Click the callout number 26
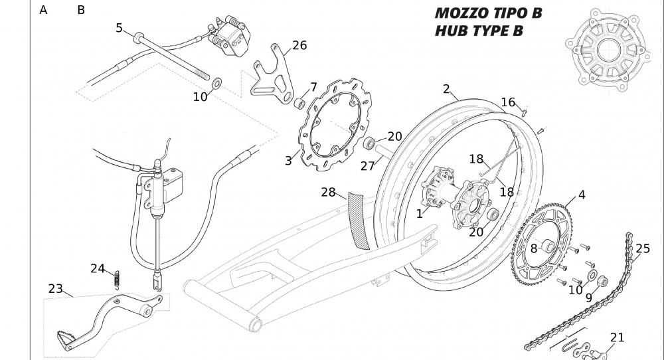(x=299, y=46)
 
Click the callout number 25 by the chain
(x=643, y=249)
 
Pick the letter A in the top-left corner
(x=44, y=10)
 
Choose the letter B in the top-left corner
(x=81, y=10)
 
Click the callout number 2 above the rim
(x=446, y=89)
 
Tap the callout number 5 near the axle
(x=119, y=28)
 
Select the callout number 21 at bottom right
(x=617, y=337)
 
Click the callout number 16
(x=508, y=102)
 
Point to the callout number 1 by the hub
(x=420, y=214)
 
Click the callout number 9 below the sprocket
(x=588, y=298)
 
